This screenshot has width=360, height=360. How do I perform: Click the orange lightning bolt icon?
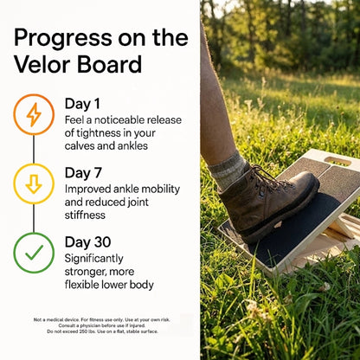[x=34, y=114]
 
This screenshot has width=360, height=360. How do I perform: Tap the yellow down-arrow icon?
[x=34, y=183]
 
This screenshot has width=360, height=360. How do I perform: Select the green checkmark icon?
[x=34, y=253]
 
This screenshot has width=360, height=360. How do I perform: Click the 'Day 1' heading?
[x=82, y=104]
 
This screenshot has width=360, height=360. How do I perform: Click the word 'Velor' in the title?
[x=43, y=64]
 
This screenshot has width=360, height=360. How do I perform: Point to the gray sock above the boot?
[x=230, y=169]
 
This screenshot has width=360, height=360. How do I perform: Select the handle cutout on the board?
[x=337, y=162]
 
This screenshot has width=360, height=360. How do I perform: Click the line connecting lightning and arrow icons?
[x=34, y=149]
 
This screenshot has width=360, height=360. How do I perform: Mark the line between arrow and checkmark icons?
[x=34, y=218]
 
